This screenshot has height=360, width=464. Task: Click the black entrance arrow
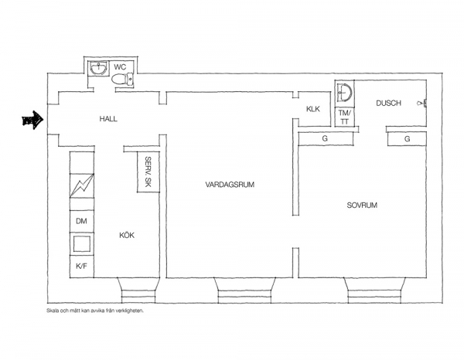click(x=32, y=120)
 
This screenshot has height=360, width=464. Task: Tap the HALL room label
click(x=108, y=119)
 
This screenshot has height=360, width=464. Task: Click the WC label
click(x=120, y=66)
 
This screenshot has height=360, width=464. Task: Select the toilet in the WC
click(x=122, y=80)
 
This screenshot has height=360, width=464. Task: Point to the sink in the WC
click(x=98, y=68)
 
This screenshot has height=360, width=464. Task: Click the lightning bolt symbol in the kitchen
click(x=82, y=186)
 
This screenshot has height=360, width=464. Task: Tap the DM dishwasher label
click(x=81, y=221)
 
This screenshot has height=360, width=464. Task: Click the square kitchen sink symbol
click(x=82, y=244)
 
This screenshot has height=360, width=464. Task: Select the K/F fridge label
click(x=81, y=267)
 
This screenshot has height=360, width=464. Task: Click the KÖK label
click(x=127, y=236)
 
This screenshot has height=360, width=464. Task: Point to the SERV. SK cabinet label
click(x=148, y=172)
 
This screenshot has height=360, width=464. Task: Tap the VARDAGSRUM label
click(x=230, y=185)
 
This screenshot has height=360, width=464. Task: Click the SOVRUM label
click(x=362, y=205)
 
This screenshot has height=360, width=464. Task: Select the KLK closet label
click(x=313, y=109)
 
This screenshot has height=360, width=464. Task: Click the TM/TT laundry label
click(x=344, y=117)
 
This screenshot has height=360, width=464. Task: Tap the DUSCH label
click(x=388, y=104)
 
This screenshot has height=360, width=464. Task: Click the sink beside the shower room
click(x=344, y=92)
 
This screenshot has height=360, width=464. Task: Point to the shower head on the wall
click(x=421, y=103)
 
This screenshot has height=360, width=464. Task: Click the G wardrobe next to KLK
click(x=325, y=138)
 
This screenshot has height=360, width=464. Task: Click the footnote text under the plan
click(x=95, y=311)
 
